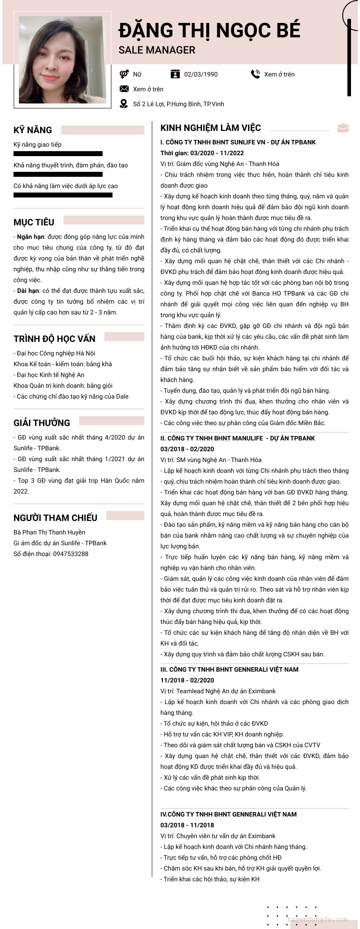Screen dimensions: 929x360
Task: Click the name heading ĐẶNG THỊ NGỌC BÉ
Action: tap(209, 31)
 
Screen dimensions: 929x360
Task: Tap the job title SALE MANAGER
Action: tap(157, 50)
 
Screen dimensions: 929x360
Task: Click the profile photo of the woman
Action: tap(62, 60)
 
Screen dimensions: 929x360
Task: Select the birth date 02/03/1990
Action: tap(201, 74)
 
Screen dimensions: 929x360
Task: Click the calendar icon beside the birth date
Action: tap(175, 74)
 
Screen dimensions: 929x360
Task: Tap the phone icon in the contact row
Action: tap(255, 74)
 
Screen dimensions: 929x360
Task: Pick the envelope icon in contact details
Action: tap(124, 89)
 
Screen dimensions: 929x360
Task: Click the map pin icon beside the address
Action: tap(124, 104)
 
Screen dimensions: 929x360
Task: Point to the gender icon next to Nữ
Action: tap(124, 74)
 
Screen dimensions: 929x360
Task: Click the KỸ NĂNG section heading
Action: tap(33, 130)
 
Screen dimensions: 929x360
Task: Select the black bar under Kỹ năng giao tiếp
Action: tap(58, 154)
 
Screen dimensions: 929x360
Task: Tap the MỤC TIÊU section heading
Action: tap(34, 222)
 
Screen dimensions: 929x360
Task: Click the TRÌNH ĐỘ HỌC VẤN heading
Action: tap(54, 339)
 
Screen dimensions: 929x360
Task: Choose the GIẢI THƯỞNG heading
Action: tap(42, 423)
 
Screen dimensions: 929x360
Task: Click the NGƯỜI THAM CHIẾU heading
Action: tap(55, 518)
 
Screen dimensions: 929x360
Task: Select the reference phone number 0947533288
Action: tap(71, 554)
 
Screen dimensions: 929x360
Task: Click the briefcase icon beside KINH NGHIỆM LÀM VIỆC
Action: tap(343, 128)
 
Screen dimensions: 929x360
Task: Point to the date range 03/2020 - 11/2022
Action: tap(214, 153)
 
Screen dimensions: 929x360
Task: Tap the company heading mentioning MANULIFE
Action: tap(238, 438)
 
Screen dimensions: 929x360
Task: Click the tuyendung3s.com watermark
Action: tap(317, 919)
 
